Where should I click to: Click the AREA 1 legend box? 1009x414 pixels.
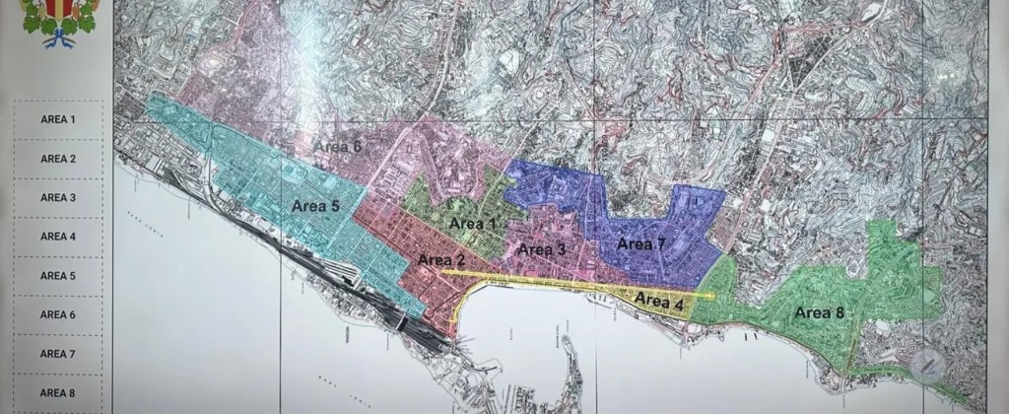tap(58, 119)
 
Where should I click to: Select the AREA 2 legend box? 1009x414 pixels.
tap(58, 159)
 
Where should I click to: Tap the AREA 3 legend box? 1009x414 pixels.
tap(58, 197)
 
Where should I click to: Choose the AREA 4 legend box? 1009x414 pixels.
tap(58, 237)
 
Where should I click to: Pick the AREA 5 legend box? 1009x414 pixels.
tap(58, 276)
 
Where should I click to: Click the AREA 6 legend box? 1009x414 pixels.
tap(58, 314)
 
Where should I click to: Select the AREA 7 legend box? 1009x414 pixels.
tap(58, 354)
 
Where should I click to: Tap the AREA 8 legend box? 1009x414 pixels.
tap(58, 392)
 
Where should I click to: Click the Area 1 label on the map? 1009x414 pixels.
tap(472, 224)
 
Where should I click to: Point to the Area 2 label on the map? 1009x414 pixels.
tap(441, 260)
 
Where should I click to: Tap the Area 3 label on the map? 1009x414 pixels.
tap(542, 249)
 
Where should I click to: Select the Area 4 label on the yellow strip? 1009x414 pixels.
tap(659, 301)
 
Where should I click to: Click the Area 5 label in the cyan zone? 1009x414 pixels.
tap(315, 206)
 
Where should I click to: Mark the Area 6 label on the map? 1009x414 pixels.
tap(338, 146)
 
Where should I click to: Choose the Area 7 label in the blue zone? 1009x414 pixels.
tap(641, 242)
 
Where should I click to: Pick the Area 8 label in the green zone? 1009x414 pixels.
tap(819, 312)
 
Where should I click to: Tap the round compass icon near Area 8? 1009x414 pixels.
tap(930, 367)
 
